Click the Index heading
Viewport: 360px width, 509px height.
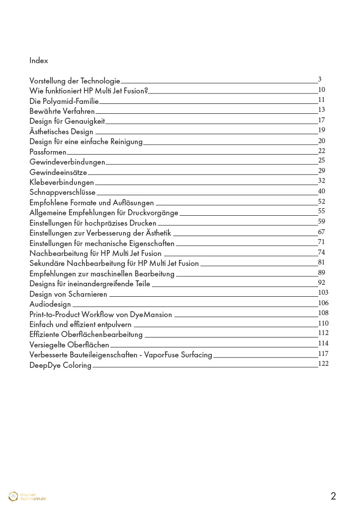(x=39, y=61)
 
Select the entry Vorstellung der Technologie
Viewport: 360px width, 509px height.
(x=75, y=81)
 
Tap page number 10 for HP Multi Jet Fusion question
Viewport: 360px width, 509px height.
(x=321, y=89)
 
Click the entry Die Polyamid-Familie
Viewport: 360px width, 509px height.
(x=64, y=101)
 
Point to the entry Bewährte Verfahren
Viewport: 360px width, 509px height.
(x=62, y=111)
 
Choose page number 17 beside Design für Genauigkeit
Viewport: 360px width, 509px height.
(x=321, y=120)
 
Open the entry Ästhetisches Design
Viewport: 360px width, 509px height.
(x=61, y=131)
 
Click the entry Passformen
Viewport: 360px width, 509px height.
(x=48, y=152)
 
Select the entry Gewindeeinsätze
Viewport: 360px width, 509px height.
(x=58, y=172)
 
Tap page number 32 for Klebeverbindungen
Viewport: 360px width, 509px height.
(x=321, y=181)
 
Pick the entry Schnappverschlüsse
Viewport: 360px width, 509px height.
(x=62, y=192)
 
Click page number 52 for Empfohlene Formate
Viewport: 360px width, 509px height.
(x=321, y=201)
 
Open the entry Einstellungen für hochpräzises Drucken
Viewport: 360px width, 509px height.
(x=93, y=223)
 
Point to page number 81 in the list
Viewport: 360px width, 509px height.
(x=321, y=262)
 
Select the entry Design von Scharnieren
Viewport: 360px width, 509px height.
(x=68, y=294)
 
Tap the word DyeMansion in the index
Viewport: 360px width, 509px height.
(x=151, y=314)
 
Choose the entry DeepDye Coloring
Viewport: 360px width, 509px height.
(x=60, y=365)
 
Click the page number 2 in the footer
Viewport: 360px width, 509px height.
(x=333, y=496)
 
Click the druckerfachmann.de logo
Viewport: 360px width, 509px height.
(x=27, y=496)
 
